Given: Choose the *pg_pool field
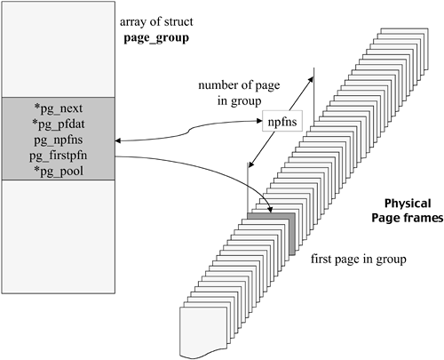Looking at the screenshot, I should pyautogui.click(x=63, y=170).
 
